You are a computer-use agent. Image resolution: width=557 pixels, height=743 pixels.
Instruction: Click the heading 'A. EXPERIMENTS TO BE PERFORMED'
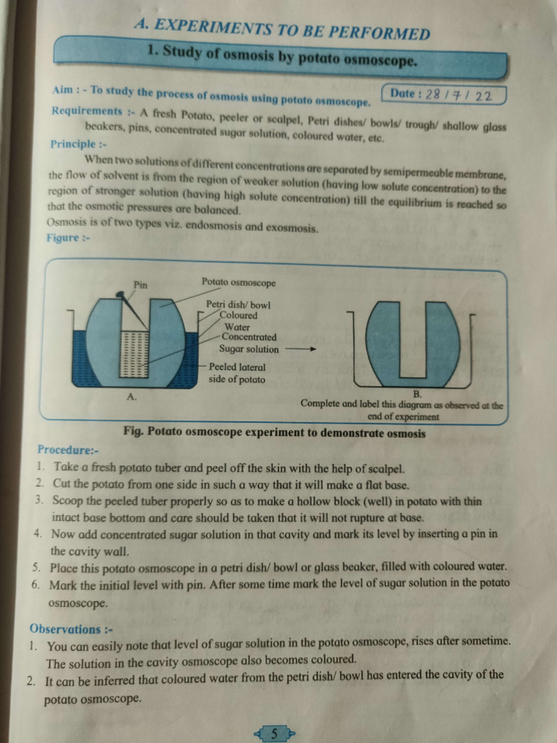pos(282,30)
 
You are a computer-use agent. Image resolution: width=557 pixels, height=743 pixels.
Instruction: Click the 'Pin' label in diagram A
pos(141,284)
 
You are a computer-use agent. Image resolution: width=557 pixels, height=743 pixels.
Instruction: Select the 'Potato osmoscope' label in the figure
pos(239,282)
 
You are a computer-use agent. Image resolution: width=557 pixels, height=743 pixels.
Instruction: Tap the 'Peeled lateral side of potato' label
pos(237,373)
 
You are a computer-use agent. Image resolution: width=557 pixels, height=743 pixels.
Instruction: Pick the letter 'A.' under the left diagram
pos(132,396)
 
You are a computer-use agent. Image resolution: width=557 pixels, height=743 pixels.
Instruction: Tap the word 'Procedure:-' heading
pos(63,450)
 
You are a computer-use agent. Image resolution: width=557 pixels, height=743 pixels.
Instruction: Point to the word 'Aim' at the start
pos(64,92)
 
